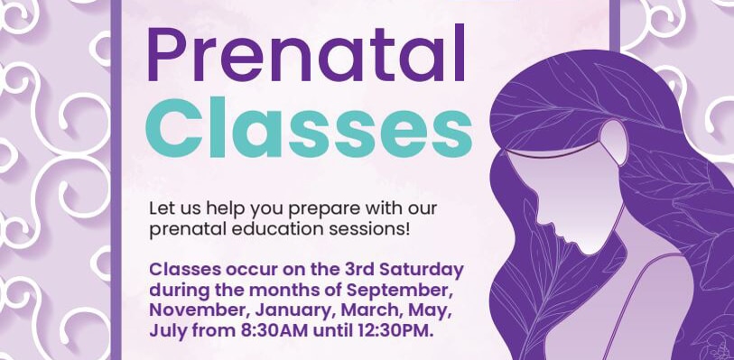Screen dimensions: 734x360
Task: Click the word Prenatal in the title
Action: pos(306,53)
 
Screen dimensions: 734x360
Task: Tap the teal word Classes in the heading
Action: pos(309,127)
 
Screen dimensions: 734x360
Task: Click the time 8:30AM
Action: pos(274,330)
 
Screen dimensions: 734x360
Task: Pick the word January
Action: pos(292,311)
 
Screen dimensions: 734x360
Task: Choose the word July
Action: pos(167,331)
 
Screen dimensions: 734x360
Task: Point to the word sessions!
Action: pos(376,230)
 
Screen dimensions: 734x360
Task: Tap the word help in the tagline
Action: pos(225,209)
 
